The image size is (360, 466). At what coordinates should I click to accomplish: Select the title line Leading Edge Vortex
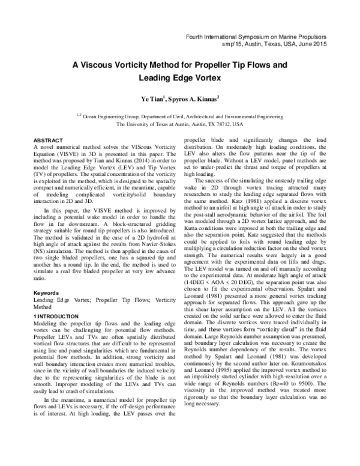coord(180,77)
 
